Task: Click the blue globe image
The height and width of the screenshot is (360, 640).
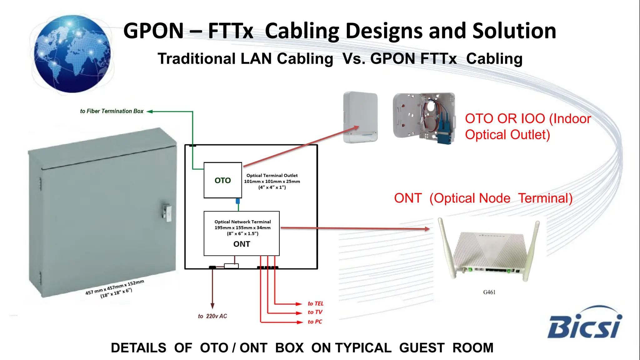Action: (x=72, y=54)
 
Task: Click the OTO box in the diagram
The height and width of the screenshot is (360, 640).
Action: (x=222, y=180)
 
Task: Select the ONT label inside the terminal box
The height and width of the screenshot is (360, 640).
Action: (x=242, y=244)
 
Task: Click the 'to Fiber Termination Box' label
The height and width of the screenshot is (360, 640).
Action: (x=112, y=111)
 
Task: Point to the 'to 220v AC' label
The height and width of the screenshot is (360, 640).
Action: (x=212, y=316)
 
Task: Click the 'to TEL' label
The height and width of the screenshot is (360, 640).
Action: (x=315, y=303)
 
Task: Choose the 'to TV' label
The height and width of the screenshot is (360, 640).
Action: (x=315, y=312)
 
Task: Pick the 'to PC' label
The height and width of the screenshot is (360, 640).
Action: (x=315, y=322)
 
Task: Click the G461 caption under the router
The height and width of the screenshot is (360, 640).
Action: (x=489, y=292)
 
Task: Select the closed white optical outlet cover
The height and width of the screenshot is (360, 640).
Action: (x=360, y=117)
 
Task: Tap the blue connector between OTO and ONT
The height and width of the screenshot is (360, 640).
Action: (x=238, y=201)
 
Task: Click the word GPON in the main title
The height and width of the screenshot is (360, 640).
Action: (x=153, y=31)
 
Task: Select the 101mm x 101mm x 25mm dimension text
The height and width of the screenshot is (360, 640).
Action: (x=272, y=182)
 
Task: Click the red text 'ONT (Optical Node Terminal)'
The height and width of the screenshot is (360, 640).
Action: (x=483, y=198)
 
